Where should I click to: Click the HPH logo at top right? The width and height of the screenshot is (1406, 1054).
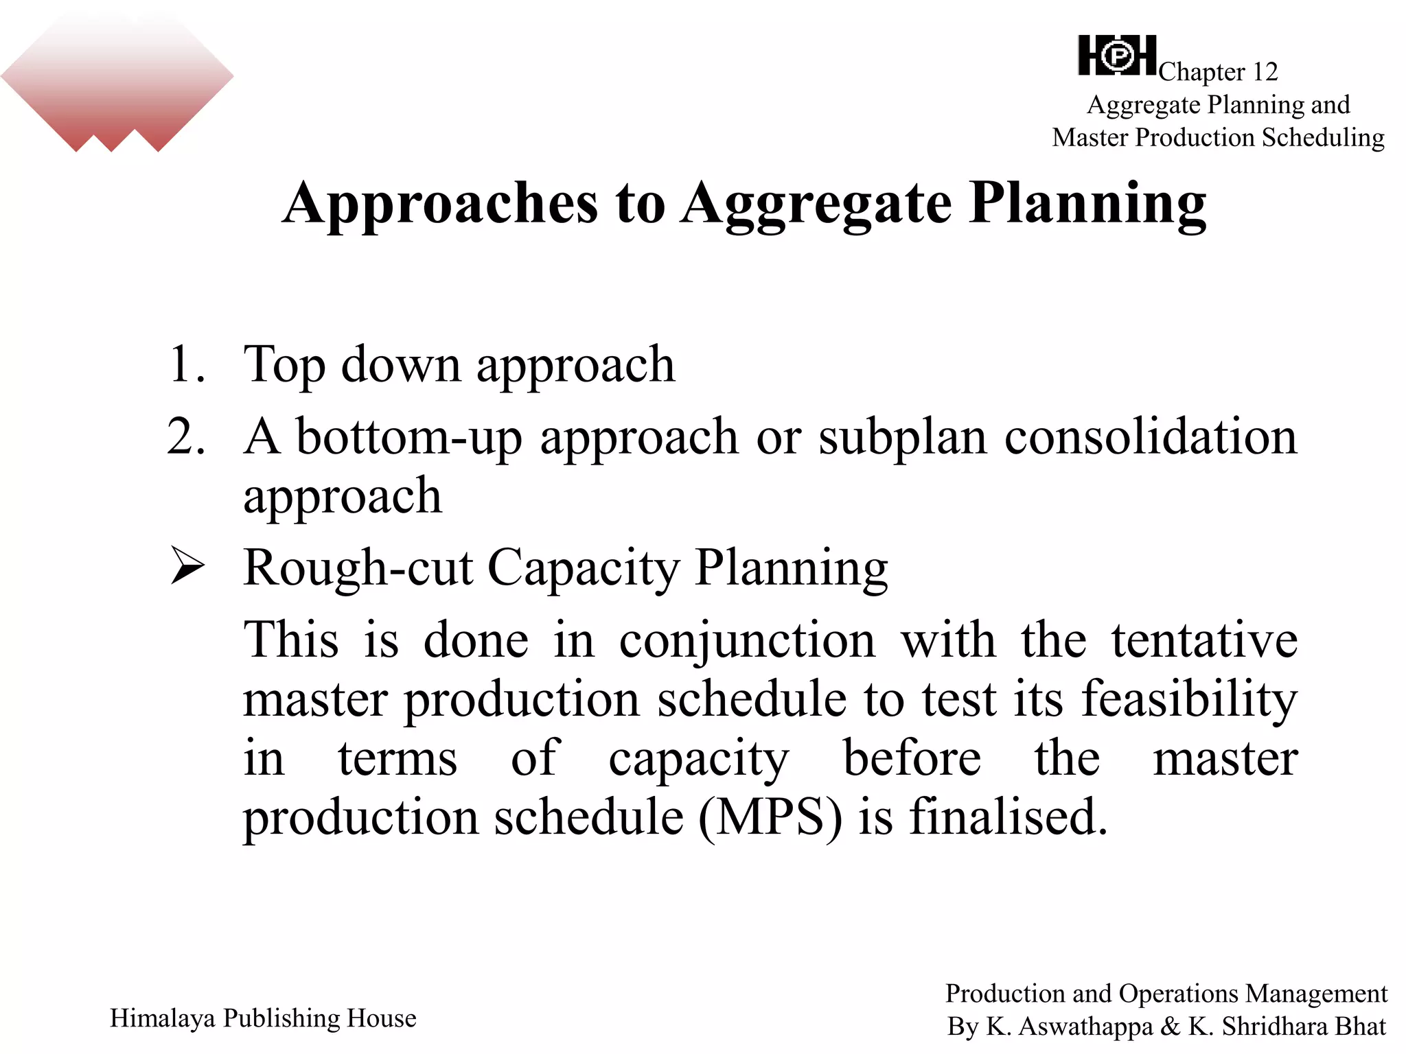[1117, 56]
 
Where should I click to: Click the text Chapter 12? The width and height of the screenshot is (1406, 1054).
[1218, 71]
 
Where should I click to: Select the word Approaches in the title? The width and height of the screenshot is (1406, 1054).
[440, 203]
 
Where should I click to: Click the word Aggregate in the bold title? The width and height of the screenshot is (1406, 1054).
[816, 204]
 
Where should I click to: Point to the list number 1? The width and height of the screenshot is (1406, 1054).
[185, 364]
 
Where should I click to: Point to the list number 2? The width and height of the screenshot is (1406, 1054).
[185, 436]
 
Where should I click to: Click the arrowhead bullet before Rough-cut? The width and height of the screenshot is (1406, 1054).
[187, 565]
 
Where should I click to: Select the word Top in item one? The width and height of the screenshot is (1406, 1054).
[284, 365]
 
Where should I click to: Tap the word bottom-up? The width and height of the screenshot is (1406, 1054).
[409, 437]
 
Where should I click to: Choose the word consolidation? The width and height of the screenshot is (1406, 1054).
[1151, 436]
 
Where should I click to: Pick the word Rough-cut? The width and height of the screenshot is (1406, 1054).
[358, 568]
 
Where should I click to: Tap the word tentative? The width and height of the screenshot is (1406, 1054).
[1204, 640]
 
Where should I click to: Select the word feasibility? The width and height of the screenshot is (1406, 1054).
[1189, 700]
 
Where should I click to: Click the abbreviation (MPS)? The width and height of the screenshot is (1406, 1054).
[770, 817]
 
